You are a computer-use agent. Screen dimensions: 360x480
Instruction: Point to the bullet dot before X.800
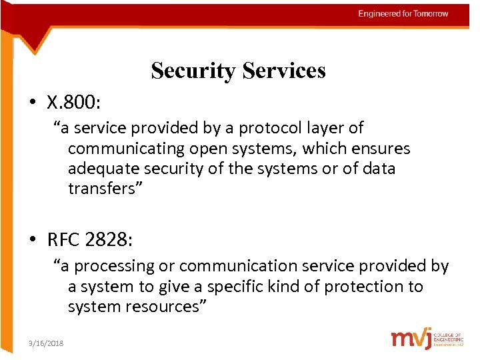pyautogui.click(x=33, y=103)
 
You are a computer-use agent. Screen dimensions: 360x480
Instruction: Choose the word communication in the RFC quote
pyautogui.click(x=237, y=266)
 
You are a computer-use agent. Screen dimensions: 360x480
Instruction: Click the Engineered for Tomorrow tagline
pyautogui.click(x=403, y=14)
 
